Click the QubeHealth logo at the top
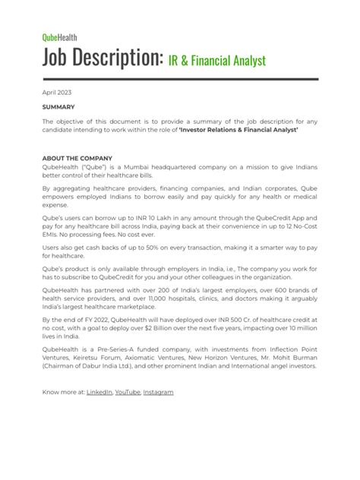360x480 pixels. [x=59, y=36]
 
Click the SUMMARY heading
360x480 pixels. [x=58, y=107]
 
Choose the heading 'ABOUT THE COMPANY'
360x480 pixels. [x=77, y=158]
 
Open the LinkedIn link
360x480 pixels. [x=99, y=412]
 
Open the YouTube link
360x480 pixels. [x=127, y=412]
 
